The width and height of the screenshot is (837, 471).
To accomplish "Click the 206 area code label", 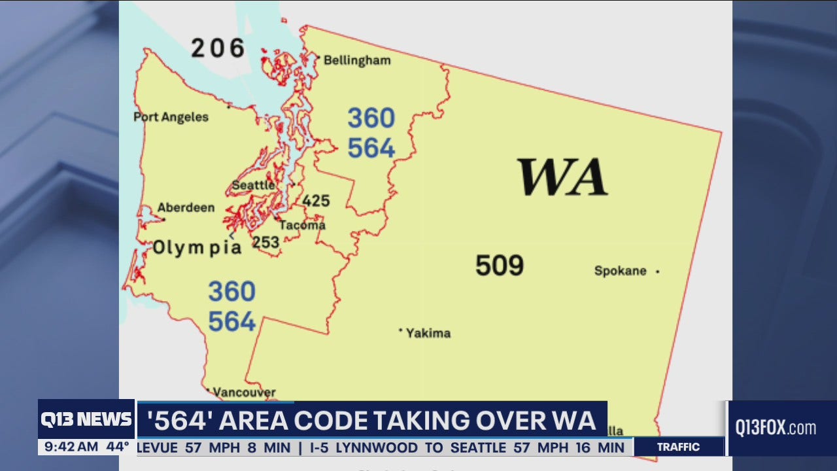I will coord(218,48).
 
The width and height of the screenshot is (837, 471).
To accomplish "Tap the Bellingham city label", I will coord(357,60).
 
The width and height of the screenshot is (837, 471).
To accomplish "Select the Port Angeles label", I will coord(171,117).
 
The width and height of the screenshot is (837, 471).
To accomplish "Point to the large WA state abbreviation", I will coord(562,177).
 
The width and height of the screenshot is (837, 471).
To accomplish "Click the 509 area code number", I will coord(499,266).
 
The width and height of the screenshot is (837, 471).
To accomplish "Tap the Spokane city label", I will coord(620,271).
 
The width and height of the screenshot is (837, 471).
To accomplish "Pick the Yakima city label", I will coord(428,333).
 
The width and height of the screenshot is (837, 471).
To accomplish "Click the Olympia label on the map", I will coord(197,247).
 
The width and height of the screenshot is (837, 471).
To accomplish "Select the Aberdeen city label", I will coord(186,207).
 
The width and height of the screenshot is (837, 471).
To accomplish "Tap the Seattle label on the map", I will coord(253,185).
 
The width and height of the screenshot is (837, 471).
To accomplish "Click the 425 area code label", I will coord(316,201).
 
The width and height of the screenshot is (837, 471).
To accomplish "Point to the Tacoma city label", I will coord(302,225).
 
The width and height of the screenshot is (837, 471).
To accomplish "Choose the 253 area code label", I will coord(266,242).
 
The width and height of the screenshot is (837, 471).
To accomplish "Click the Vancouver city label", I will coord(244,392).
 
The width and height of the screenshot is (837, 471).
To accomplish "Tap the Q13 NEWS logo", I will coord(86,419).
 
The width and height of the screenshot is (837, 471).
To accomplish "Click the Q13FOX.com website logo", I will coord(776,428).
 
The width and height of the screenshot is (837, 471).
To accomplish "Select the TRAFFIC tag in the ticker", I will coord(678,447).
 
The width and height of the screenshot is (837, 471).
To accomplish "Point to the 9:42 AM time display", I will coord(69,447).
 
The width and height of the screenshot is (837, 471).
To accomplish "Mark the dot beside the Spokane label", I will coord(657,271).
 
